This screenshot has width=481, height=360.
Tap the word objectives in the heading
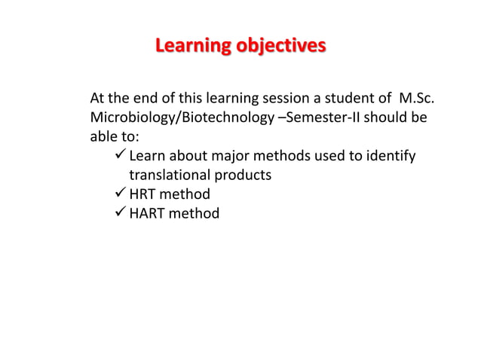click(x=280, y=47)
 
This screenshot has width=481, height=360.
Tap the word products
click(x=244, y=175)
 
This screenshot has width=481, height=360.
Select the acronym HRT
click(x=144, y=195)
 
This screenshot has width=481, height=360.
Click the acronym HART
click(x=148, y=214)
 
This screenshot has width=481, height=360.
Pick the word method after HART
click(x=195, y=214)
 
